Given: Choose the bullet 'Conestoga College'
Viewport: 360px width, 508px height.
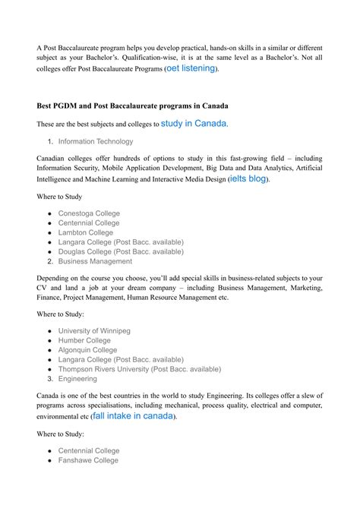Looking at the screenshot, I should tap(89, 213).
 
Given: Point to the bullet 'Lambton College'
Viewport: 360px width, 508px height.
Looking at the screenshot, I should tap(85, 232).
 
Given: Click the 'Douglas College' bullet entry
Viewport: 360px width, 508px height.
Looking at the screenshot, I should tap(120, 251).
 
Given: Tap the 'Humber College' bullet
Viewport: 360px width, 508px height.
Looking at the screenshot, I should tap(84, 341).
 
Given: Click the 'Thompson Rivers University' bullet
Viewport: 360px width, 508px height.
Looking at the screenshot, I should tap(139, 369).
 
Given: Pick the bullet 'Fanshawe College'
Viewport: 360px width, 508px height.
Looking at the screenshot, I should tap(88, 459).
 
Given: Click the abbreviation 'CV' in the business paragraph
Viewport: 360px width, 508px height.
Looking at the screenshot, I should tap(43, 289).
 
